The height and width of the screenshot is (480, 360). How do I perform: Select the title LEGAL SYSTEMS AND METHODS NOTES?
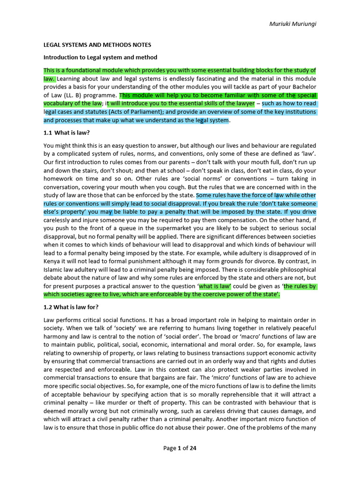click(97, 45)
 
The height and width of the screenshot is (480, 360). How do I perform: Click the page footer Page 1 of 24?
click(180, 448)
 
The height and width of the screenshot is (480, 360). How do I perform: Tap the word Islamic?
click(54, 270)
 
